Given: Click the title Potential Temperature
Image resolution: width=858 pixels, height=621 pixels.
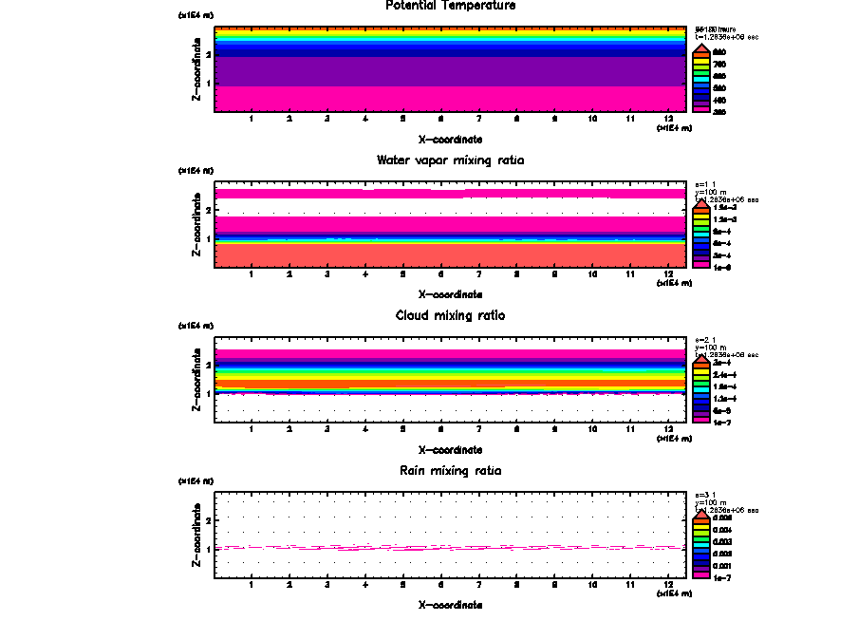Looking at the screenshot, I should click(x=451, y=6).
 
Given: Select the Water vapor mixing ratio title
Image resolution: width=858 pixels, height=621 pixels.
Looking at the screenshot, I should click(x=451, y=160).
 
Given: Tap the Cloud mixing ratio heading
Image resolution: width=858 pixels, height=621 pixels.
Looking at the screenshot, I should click(x=451, y=315).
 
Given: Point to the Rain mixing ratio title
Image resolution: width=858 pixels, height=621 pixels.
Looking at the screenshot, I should click(x=451, y=471).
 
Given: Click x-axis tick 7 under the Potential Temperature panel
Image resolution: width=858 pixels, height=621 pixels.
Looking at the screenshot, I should click(x=478, y=119).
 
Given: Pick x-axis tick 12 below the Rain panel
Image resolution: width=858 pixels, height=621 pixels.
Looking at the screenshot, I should click(x=668, y=584).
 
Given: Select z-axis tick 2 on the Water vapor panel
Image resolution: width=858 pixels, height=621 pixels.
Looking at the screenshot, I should click(x=207, y=209).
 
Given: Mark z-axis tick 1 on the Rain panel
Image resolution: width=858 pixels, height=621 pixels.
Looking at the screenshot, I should click(x=207, y=549).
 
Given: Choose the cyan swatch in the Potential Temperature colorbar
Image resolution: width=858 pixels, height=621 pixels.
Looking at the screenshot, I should click(x=701, y=76).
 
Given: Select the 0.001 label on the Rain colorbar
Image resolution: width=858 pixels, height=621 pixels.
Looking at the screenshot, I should click(x=724, y=565).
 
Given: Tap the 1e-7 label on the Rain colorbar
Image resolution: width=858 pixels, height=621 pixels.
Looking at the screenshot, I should click(x=724, y=576).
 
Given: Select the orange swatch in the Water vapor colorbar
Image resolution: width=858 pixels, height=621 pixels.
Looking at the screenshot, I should click(x=701, y=212).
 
